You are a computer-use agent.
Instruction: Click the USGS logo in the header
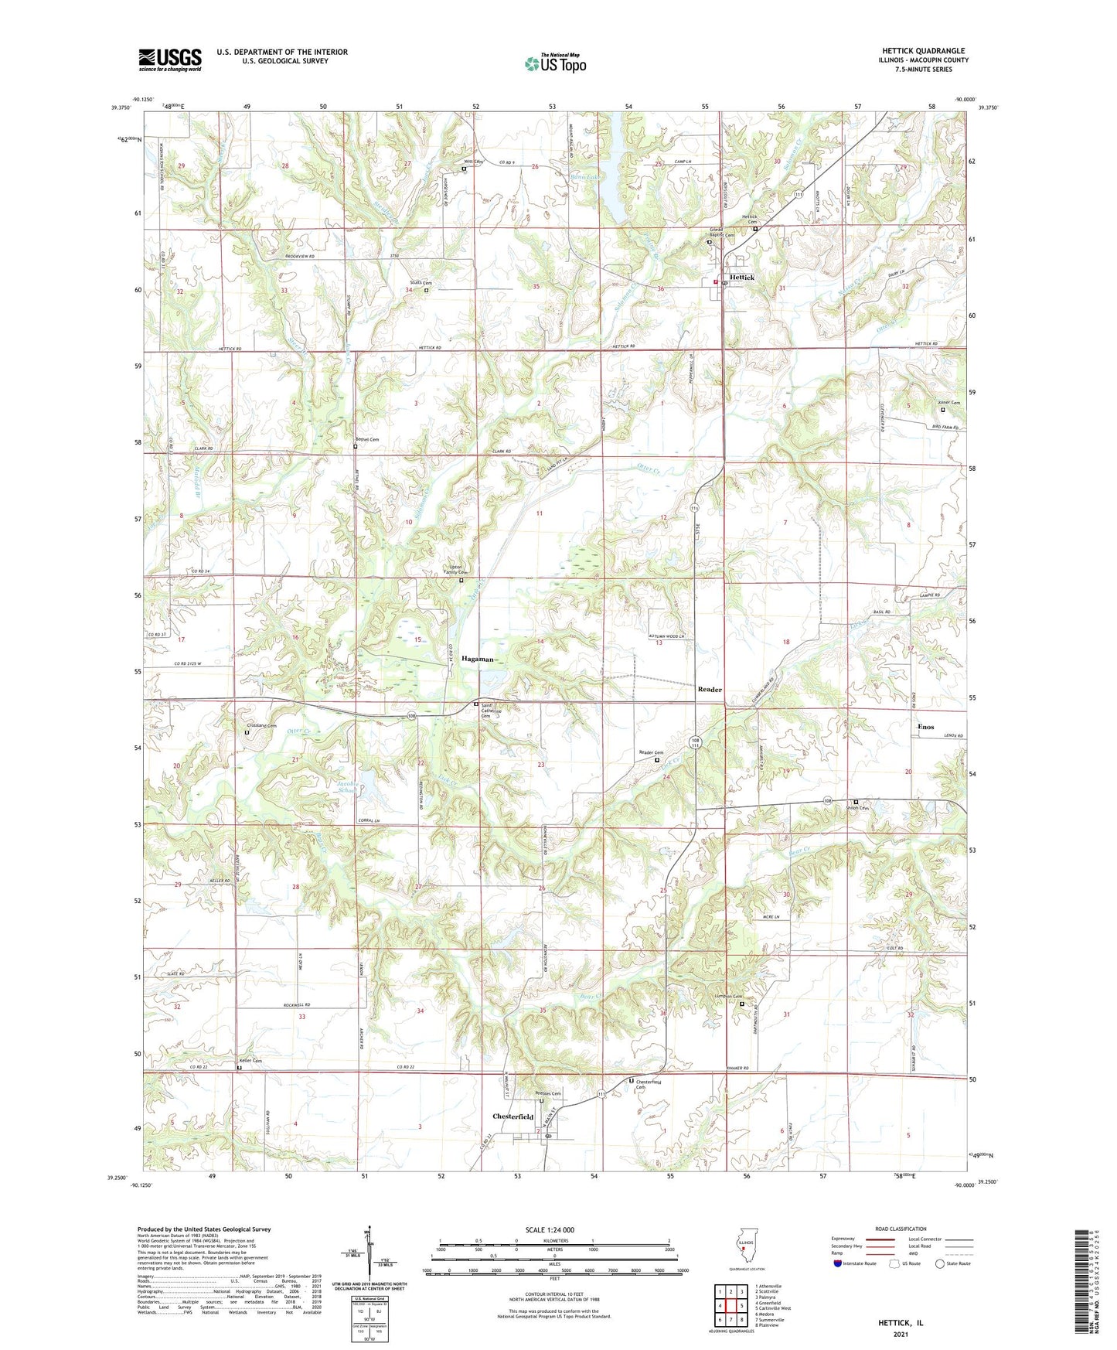click(170, 59)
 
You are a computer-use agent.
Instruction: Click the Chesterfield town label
click(513, 1116)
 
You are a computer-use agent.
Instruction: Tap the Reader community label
click(710, 689)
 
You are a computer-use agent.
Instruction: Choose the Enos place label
click(925, 727)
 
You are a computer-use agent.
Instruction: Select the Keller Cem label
click(251, 1061)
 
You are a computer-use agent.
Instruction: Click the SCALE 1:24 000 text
click(550, 1229)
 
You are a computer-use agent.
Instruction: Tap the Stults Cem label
click(421, 283)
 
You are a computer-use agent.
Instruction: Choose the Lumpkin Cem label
click(728, 996)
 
